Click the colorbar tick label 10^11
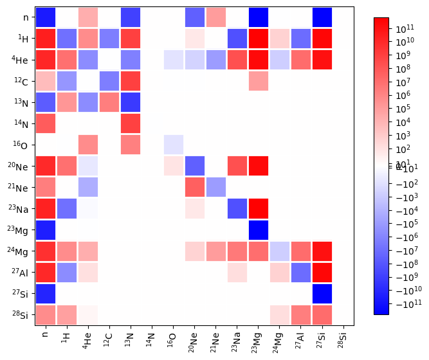coord(405,29)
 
